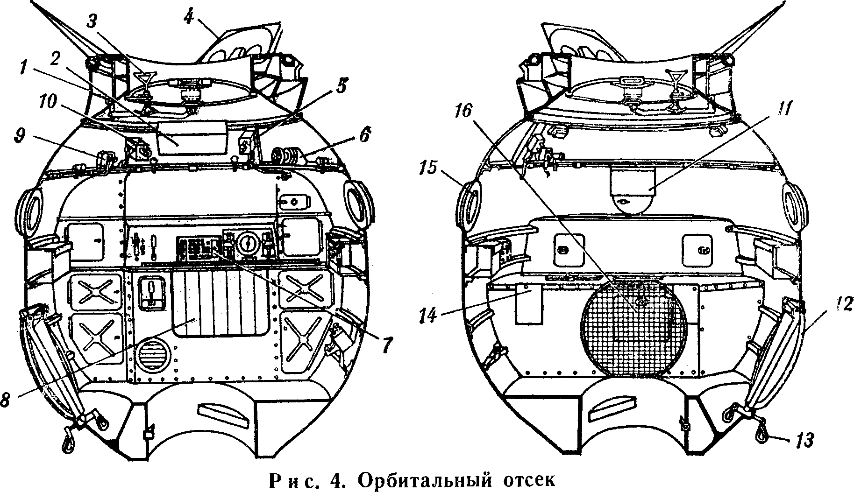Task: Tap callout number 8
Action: click(6, 401)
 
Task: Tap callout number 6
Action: click(365, 136)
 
